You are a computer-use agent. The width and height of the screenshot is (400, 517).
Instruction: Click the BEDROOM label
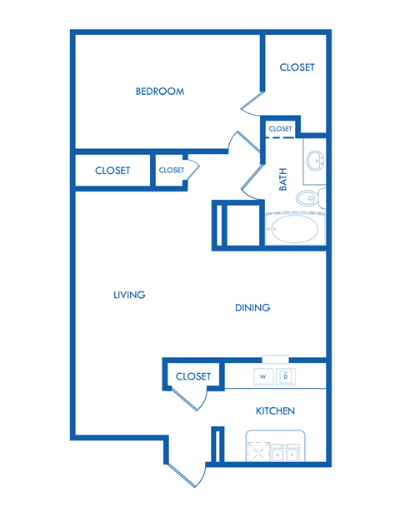point(160,92)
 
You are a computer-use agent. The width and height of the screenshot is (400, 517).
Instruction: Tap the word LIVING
point(129,295)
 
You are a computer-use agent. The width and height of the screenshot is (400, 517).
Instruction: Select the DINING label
point(252,308)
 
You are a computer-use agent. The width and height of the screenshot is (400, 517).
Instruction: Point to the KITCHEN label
point(275,411)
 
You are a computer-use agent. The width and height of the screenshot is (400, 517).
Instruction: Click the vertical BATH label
point(283,179)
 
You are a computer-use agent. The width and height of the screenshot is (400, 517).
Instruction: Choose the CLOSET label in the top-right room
point(297,67)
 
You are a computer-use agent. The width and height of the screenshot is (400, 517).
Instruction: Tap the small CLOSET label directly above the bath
point(281,129)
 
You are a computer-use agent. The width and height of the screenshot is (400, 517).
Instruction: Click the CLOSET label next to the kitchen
point(193,376)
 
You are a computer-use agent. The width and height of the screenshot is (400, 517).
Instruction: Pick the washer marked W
point(262,376)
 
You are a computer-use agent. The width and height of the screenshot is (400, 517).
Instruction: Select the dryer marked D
point(286,376)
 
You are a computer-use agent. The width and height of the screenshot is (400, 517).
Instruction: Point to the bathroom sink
point(315,162)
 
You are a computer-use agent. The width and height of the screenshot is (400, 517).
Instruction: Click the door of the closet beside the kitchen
point(193,400)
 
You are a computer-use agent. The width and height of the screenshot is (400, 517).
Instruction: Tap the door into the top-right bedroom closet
point(252,102)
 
